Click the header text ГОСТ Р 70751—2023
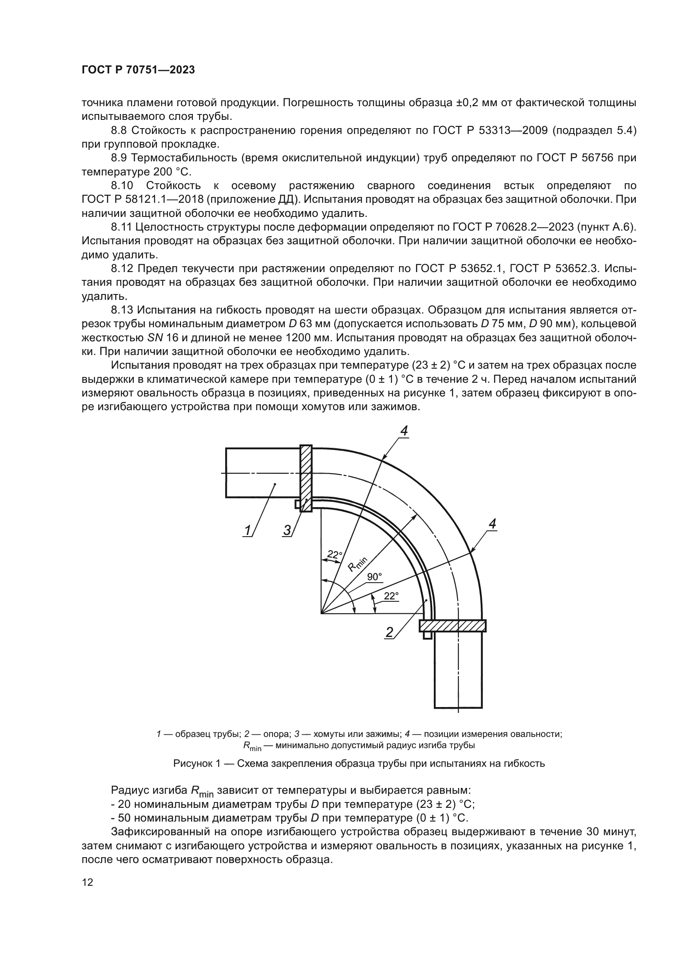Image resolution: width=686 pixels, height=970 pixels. click(x=138, y=70)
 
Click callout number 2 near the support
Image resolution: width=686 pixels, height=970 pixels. click(x=389, y=632)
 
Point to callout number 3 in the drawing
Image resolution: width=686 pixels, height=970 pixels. click(x=287, y=530)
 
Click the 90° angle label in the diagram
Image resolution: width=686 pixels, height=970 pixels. click(x=374, y=577)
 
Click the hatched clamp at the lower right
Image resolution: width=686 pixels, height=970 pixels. click(x=453, y=626)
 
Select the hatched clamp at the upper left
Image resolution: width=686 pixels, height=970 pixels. click(x=306, y=478)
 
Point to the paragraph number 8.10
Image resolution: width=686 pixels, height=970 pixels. click(x=122, y=185)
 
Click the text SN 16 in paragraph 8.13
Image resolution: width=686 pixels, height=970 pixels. click(x=162, y=338)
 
